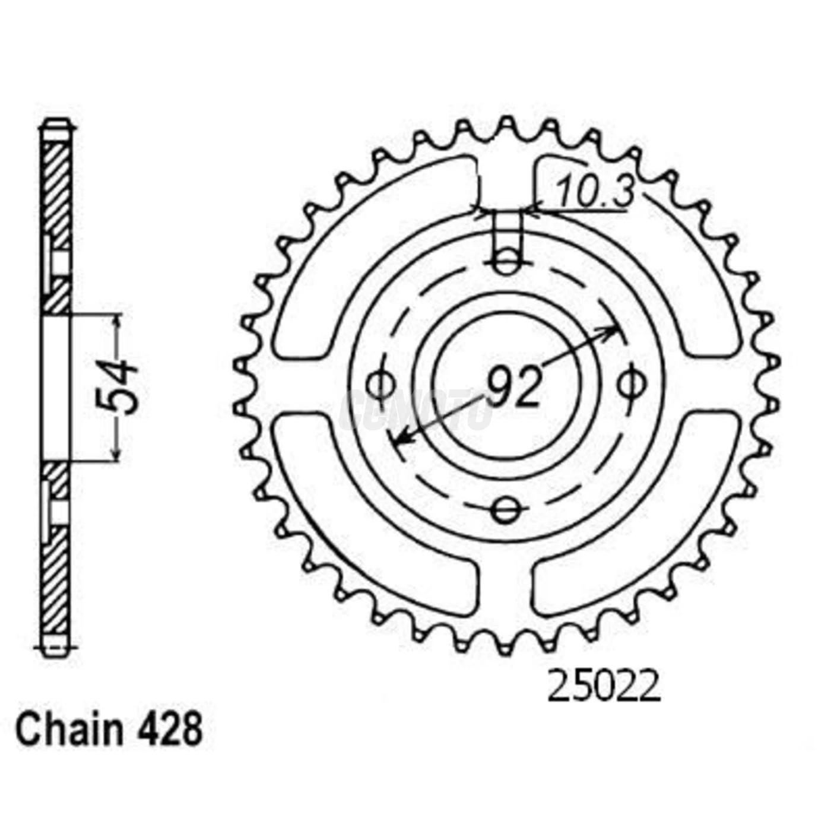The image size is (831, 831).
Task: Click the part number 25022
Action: [603, 687]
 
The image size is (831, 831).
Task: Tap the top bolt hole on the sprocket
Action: [506, 262]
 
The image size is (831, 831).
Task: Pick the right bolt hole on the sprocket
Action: [630, 385]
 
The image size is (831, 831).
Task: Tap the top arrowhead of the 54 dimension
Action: [117, 321]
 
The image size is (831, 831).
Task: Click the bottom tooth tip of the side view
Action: [56, 648]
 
